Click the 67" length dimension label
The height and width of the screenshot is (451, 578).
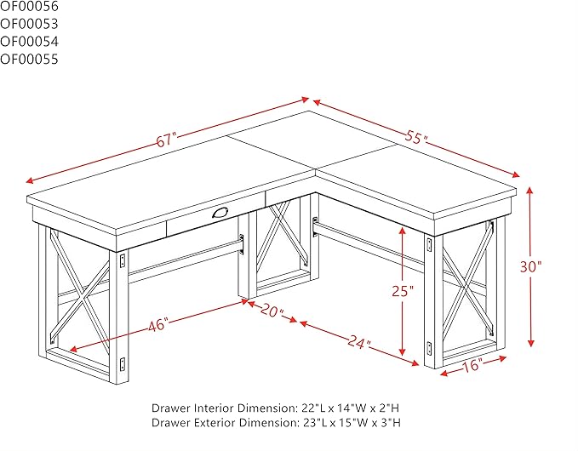[x=165, y=139]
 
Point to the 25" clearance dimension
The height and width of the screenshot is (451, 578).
[x=403, y=291]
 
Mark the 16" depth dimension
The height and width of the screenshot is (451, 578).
[x=473, y=365]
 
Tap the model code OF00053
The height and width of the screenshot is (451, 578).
[x=29, y=23]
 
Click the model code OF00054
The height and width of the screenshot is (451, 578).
[x=29, y=41]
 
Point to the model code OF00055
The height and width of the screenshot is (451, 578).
[x=29, y=59]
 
